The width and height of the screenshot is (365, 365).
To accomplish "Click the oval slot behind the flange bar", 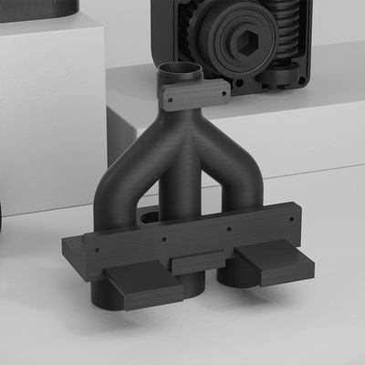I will click(x=147, y=219).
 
